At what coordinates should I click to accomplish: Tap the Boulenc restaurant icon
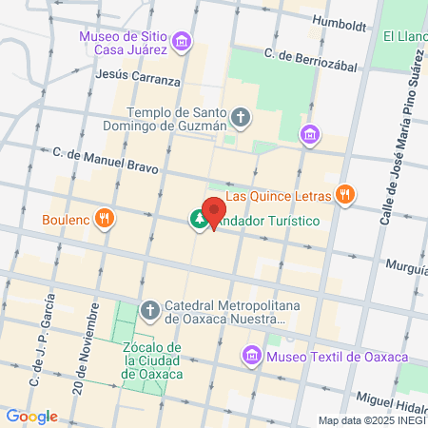point(106,219)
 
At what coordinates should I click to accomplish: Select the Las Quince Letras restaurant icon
point(345,196)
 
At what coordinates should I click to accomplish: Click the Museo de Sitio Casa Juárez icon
point(183,42)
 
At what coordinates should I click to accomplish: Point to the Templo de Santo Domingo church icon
point(242,118)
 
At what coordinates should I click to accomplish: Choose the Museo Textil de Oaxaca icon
point(252,357)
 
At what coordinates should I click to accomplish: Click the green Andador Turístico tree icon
point(198,220)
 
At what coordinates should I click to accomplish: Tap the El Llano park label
point(405,37)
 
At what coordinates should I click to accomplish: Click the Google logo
point(32,416)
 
